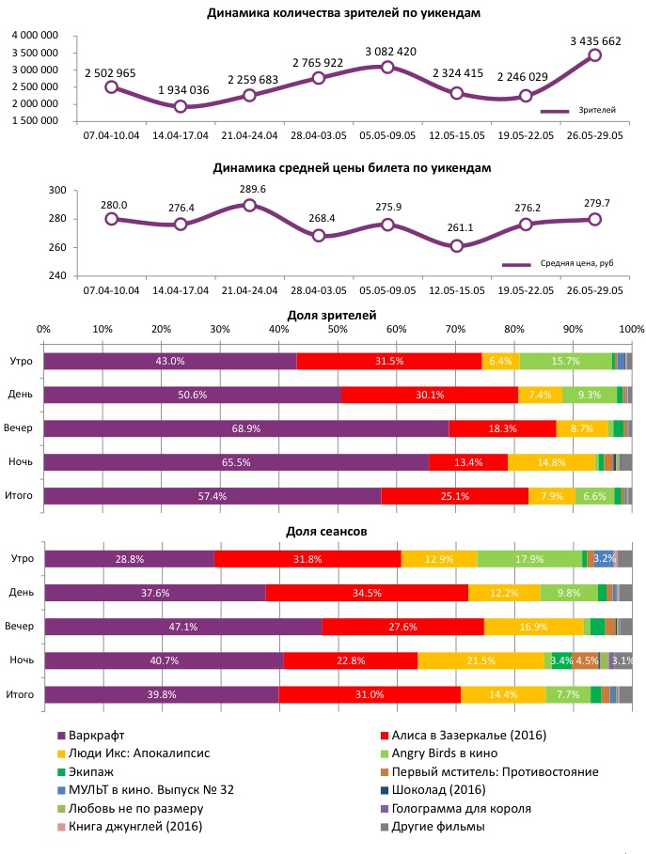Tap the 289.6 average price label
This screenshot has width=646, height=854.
[249, 189]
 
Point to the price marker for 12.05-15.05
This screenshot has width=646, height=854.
[457, 246]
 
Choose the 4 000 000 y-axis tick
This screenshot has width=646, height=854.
[37, 36]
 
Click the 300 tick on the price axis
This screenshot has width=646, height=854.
[56, 191]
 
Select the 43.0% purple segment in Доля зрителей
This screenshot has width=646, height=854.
[170, 361]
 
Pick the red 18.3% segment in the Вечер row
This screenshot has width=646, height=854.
[502, 428]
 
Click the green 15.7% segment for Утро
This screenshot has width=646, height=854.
[565, 361]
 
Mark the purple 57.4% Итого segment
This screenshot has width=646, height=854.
[213, 496]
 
